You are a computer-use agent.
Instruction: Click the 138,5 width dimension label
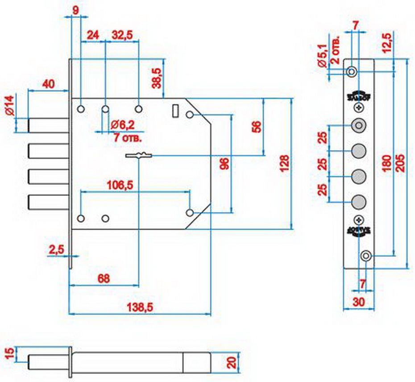pos(137,307)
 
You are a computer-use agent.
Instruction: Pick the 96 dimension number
pos(225,164)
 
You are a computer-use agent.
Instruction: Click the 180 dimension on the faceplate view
pos(386,164)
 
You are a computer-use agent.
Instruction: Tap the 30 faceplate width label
pos(358,302)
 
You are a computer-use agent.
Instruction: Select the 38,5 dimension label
pos(157,78)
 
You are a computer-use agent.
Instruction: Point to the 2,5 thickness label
pos(55,250)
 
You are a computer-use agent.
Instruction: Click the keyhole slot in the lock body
pos(139,156)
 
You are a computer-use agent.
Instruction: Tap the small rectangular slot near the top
pos(175,110)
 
